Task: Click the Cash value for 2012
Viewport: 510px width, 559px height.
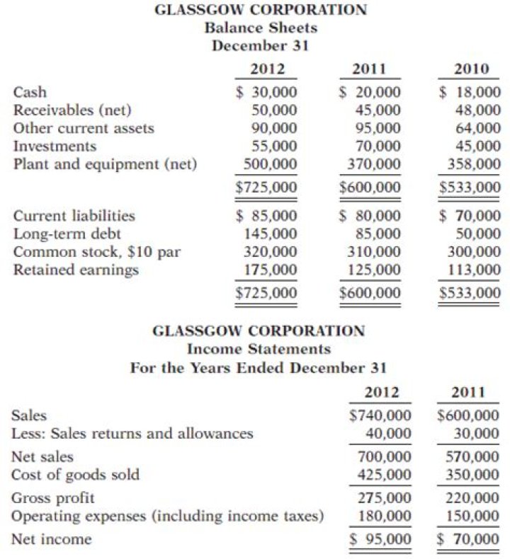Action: coord(267,92)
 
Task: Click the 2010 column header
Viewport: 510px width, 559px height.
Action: coord(471,69)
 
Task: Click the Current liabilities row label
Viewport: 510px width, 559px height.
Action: coord(74,214)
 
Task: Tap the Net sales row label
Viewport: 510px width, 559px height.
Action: coord(42,456)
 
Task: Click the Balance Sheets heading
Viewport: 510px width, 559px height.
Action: coord(261,28)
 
